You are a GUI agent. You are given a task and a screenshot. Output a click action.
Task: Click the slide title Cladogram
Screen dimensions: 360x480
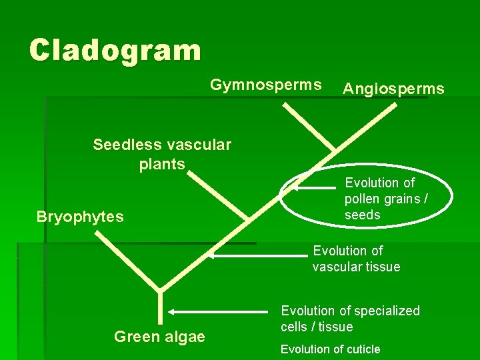click(115, 50)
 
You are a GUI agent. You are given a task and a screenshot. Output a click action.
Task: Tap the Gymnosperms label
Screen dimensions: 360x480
click(265, 85)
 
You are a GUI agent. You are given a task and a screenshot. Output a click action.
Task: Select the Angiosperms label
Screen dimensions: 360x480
click(393, 89)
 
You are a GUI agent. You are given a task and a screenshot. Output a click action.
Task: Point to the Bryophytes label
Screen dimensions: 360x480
click(80, 217)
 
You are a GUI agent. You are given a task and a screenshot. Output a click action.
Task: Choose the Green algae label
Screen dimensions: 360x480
click(159, 337)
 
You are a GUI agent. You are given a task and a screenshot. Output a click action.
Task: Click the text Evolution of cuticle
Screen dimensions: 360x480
click(330, 349)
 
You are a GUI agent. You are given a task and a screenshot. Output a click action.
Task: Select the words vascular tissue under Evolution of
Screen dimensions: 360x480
click(356, 267)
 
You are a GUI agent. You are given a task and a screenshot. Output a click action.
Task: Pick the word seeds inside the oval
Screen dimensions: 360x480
click(362, 215)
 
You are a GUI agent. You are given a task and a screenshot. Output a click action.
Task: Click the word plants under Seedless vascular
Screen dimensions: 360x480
click(162, 164)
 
